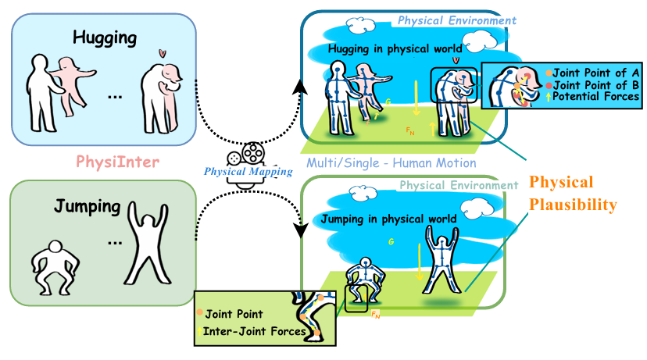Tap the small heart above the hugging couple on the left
pyautogui.click(x=162, y=54)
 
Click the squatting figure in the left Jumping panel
pyautogui.click(x=54, y=269)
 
